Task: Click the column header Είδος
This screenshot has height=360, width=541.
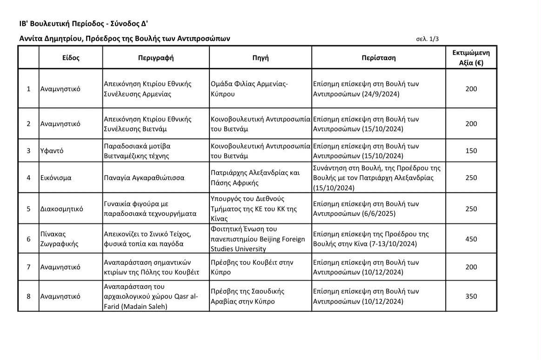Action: (x=71, y=58)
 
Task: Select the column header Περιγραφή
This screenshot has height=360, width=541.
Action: (x=155, y=58)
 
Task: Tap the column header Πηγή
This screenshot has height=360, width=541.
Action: (x=260, y=58)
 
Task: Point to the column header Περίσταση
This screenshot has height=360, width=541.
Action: (x=378, y=58)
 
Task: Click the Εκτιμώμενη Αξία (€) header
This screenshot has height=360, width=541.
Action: (x=471, y=58)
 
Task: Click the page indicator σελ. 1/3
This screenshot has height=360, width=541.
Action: (x=427, y=40)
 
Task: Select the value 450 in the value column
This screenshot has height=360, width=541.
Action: (x=471, y=239)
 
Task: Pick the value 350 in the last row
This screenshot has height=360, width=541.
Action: (x=471, y=296)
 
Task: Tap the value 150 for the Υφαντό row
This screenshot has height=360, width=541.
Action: (x=471, y=151)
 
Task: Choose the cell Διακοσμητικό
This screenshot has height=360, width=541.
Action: (x=62, y=209)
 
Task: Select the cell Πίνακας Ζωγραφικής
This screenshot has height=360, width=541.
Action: (x=53, y=239)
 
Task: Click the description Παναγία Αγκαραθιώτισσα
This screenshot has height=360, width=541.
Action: (x=144, y=178)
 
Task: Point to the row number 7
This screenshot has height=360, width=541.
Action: (x=28, y=267)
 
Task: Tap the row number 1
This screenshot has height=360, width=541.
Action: (x=28, y=89)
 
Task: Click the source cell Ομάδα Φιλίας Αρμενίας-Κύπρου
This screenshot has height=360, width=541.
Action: (x=249, y=89)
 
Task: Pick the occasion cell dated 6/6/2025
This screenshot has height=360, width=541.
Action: (x=366, y=209)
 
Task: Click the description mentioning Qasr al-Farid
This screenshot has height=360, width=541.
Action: (x=150, y=296)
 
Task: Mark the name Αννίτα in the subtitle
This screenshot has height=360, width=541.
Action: (x=31, y=39)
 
